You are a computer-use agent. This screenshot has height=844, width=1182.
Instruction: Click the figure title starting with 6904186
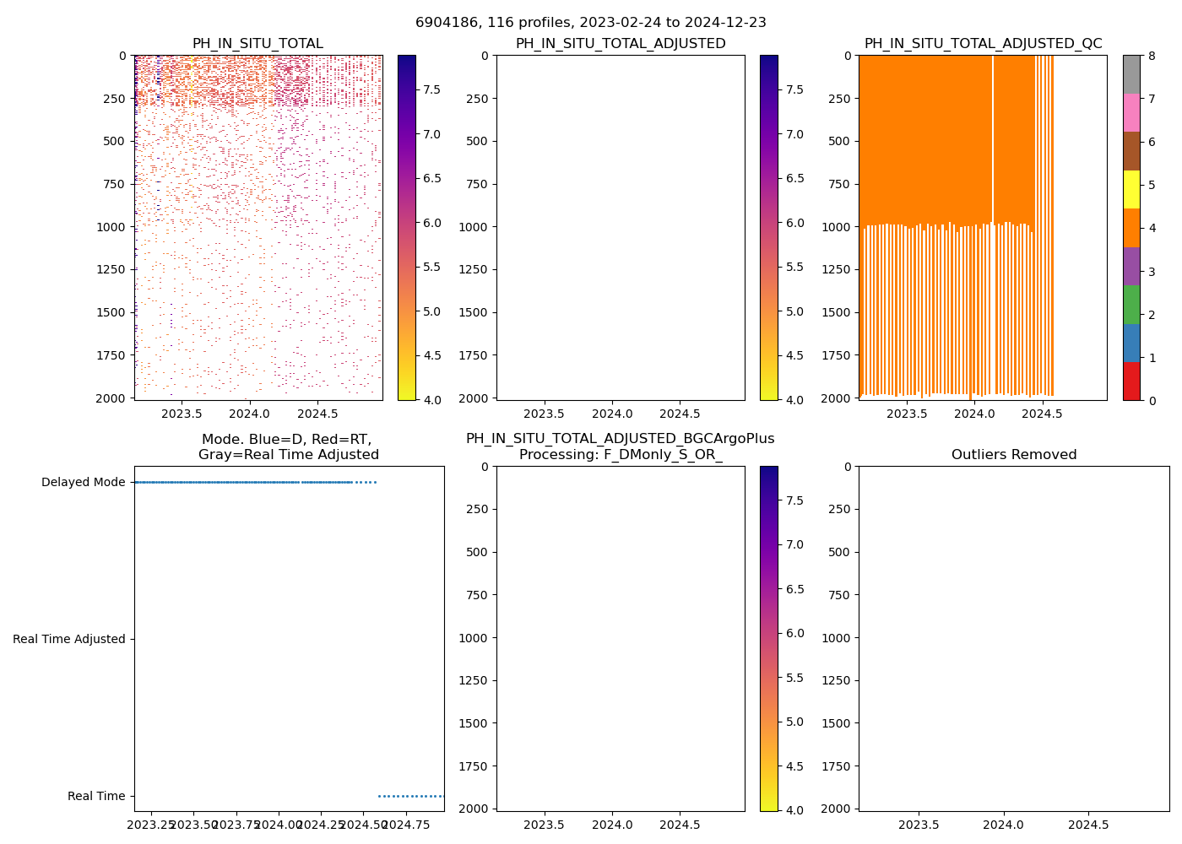[x=590, y=23]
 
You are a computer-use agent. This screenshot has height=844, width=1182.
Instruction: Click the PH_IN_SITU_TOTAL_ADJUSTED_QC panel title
[x=983, y=44]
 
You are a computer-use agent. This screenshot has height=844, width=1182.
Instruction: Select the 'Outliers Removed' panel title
[x=1013, y=455]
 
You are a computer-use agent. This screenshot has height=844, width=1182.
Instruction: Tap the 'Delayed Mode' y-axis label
[x=83, y=483]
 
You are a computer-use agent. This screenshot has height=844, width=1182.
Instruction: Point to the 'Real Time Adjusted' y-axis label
[x=68, y=640]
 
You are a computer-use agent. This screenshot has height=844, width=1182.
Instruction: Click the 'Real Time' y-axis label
[x=96, y=797]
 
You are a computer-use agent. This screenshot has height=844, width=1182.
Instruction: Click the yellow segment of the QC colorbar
[x=1131, y=190]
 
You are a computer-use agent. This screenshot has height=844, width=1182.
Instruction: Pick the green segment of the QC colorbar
[x=1131, y=305]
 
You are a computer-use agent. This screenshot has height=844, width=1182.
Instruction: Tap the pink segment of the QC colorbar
[x=1131, y=113]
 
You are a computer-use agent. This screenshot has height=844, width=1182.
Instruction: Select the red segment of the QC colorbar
[x=1131, y=381]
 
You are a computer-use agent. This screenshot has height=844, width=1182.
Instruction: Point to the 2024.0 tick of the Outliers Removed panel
[x=1004, y=825]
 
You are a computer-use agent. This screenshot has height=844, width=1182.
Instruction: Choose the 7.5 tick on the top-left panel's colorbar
[x=431, y=90]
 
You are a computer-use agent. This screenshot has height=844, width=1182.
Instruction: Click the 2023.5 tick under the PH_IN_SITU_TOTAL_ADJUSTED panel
[x=544, y=414]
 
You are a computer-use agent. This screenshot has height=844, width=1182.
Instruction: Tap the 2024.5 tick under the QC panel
[x=1043, y=414]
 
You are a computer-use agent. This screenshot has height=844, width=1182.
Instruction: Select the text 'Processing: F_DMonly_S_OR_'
[x=620, y=455]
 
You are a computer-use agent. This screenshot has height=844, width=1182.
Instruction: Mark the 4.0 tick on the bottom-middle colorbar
[x=794, y=810]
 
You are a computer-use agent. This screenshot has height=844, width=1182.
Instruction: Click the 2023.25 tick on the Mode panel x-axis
[x=151, y=825]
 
